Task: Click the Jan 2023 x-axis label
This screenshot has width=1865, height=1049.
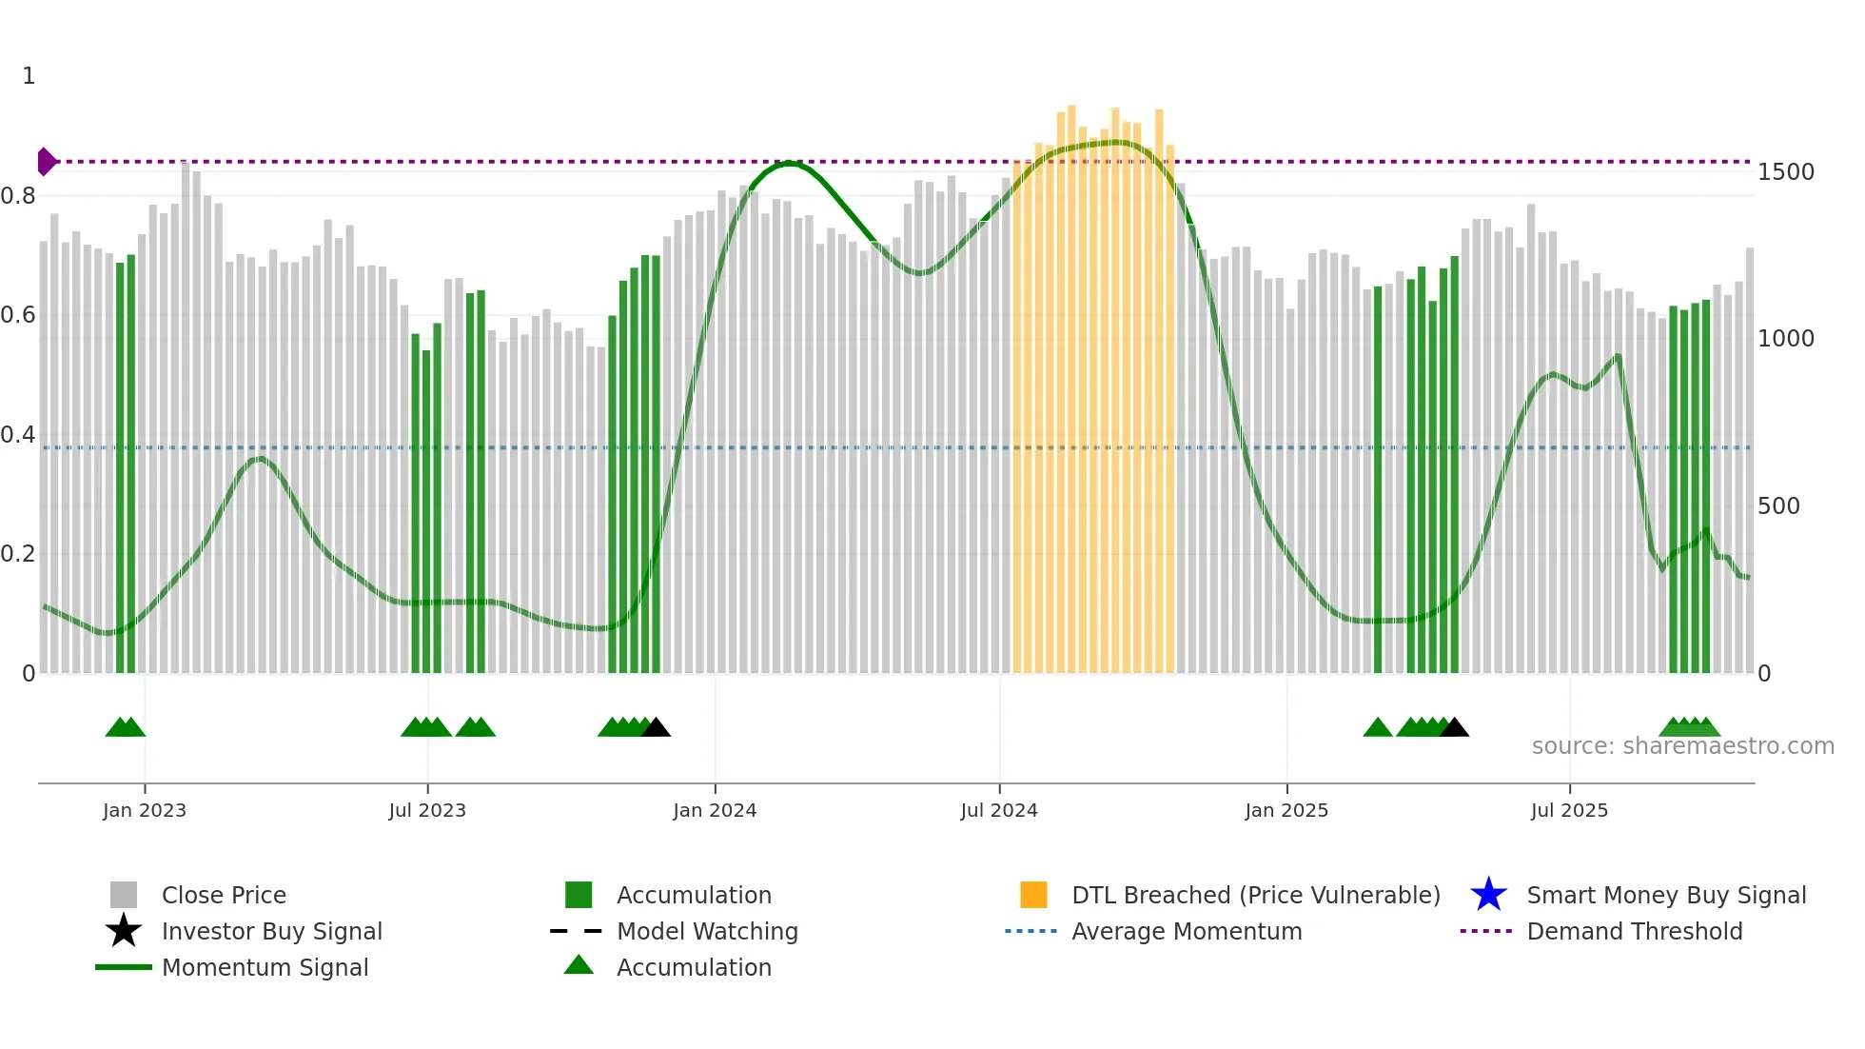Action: point(145,811)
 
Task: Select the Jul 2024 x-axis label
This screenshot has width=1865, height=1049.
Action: point(998,811)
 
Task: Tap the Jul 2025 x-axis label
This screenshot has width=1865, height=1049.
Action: point(1569,811)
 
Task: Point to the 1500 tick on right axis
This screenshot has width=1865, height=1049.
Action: point(1785,172)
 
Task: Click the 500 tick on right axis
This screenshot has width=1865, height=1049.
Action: point(1777,506)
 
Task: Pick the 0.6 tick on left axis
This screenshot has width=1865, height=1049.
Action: point(18,315)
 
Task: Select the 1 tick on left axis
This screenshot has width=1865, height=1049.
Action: point(29,76)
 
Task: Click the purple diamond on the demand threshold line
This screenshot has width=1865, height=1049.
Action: point(46,162)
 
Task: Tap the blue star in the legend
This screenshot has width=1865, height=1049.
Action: point(1488,895)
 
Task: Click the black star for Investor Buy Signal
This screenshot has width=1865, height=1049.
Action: point(124,931)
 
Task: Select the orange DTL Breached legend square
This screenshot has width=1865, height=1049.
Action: point(1033,895)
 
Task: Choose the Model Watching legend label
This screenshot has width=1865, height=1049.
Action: point(707,931)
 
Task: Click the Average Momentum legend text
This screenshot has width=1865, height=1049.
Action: point(1187,931)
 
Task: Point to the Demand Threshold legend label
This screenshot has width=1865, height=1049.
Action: point(1634,931)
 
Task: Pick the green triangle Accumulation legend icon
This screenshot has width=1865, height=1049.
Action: point(579,965)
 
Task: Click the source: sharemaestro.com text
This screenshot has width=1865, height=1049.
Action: point(1682,746)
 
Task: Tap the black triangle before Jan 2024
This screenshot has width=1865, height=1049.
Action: point(657,728)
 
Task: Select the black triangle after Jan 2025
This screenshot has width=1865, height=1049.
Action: point(1454,728)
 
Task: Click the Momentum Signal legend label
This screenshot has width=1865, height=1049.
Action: point(265,967)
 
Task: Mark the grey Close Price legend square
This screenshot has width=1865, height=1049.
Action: point(124,895)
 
